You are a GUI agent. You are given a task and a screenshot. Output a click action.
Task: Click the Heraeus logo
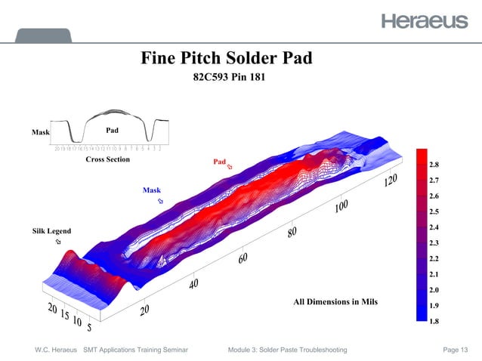(x=424, y=20)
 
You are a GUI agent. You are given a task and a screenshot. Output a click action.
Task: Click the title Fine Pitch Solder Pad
(x=226, y=58)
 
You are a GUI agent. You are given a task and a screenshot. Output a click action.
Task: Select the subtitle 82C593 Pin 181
(x=227, y=77)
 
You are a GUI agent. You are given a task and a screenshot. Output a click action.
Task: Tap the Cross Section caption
(x=107, y=159)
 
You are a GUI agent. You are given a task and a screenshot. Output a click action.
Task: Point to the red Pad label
(x=219, y=162)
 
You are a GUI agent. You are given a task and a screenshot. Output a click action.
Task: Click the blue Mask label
(x=152, y=190)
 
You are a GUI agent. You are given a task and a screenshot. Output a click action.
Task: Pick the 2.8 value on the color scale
(x=434, y=164)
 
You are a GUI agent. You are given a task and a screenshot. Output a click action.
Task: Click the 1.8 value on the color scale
(x=434, y=321)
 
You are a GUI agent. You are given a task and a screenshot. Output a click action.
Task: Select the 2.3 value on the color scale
(x=434, y=242)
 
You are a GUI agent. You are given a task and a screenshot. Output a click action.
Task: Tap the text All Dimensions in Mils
(x=333, y=302)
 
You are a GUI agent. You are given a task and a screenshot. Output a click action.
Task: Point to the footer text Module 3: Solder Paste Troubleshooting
(x=287, y=350)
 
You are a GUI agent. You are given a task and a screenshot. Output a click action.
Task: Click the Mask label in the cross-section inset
(x=40, y=132)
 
